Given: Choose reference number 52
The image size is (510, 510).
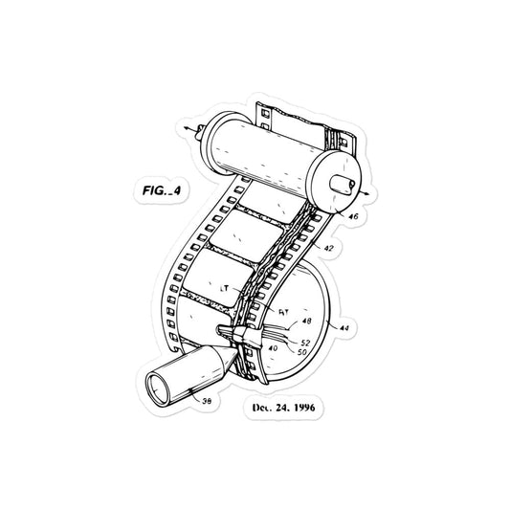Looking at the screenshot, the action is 305,342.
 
